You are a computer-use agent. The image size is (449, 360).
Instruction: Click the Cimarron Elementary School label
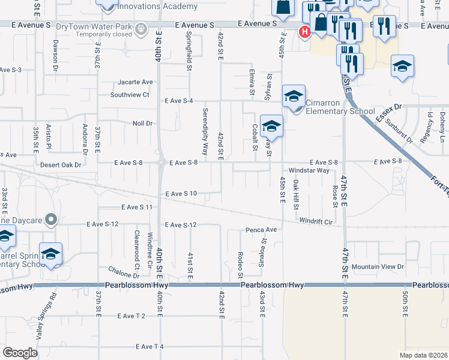pos(340,107)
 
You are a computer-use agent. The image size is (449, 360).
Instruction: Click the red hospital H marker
pos(305,31)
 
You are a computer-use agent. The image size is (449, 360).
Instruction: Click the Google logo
pos(20,353)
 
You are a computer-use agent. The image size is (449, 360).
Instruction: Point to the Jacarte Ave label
pos(136,82)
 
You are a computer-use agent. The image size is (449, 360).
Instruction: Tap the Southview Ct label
pos(130,95)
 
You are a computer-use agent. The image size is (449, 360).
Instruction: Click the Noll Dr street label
pos(143,123)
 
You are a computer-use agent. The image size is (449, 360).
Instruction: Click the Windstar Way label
pos(309,170)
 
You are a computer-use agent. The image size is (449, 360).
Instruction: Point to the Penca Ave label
pos(261,230)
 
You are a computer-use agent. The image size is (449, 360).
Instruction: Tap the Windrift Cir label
pos(316,221)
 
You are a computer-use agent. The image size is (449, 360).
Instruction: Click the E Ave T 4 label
pos(150,347)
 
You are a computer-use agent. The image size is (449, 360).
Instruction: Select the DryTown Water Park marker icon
pos(141,28)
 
